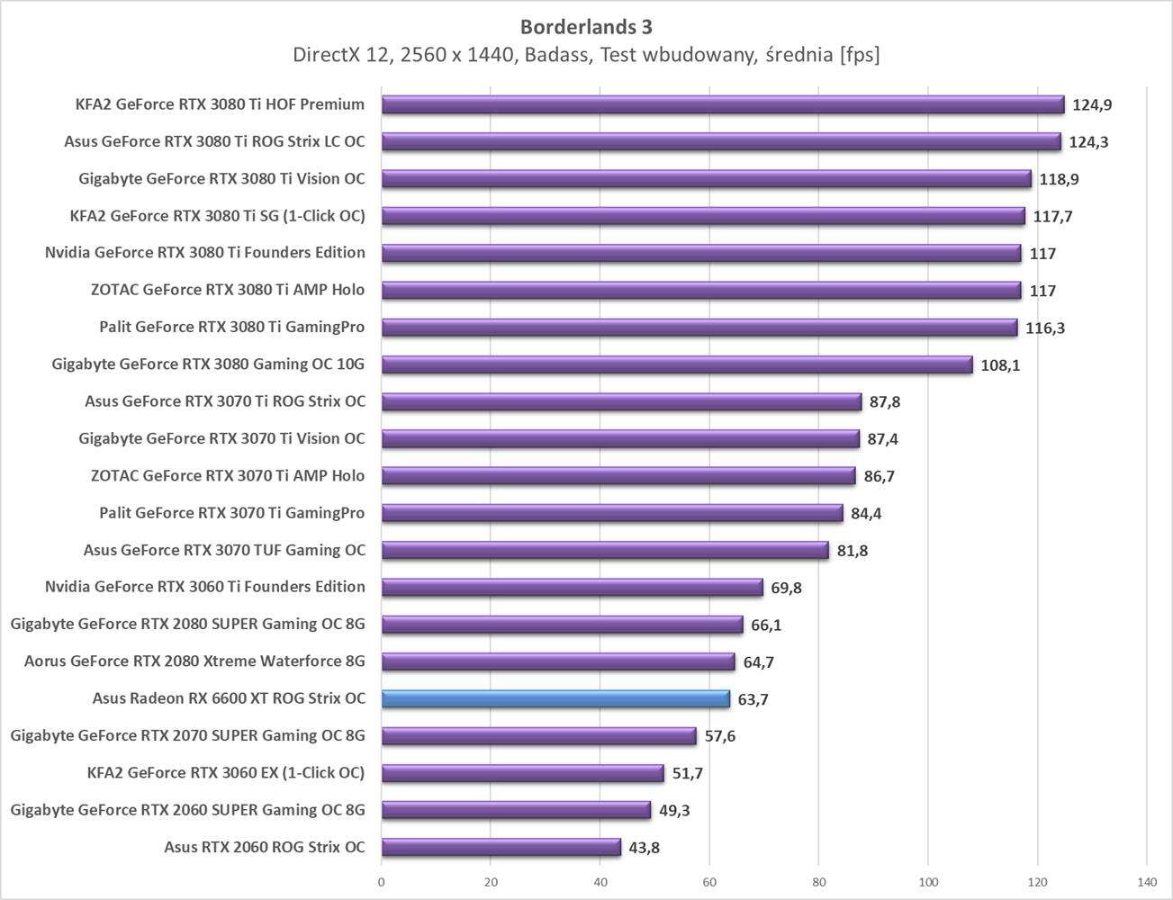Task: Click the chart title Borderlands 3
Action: pyautogui.click(x=586, y=27)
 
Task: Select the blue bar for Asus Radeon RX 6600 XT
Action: pyautogui.click(x=555, y=699)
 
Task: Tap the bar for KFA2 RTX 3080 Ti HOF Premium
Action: pyautogui.click(x=723, y=104)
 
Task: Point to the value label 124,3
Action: pyautogui.click(x=1088, y=142)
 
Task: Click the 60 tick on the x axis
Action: pyautogui.click(x=709, y=882)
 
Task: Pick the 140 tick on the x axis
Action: pyautogui.click(x=1146, y=882)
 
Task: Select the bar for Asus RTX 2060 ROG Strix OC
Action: pyautogui.click(x=501, y=847)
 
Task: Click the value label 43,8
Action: pyautogui.click(x=644, y=848)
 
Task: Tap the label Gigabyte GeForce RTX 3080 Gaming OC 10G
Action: pyautogui.click(x=209, y=364)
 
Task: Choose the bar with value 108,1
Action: pyautogui.click(x=677, y=364)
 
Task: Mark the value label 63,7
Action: pyautogui.click(x=753, y=699)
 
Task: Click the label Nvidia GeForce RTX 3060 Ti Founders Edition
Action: pyautogui.click(x=205, y=587)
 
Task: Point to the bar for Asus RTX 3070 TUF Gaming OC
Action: pyautogui.click(x=605, y=550)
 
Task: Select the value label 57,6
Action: pyautogui.click(x=719, y=736)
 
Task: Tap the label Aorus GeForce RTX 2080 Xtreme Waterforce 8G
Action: pyautogui.click(x=194, y=661)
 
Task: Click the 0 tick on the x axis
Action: pyautogui.click(x=382, y=882)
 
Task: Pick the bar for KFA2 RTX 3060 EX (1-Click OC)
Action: pyautogui.click(x=523, y=773)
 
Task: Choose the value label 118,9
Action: pyautogui.click(x=1059, y=179)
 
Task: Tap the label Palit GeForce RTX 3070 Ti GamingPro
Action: pyautogui.click(x=232, y=513)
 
